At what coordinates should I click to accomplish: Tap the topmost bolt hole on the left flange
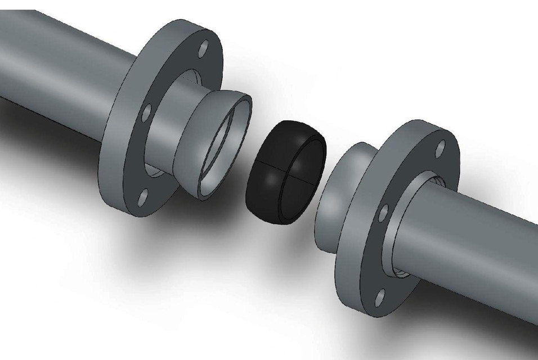(x=203, y=47)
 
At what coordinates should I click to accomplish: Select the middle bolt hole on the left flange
(x=146, y=113)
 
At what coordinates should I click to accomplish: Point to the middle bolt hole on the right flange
(x=383, y=213)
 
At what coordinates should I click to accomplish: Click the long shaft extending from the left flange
(x=56, y=62)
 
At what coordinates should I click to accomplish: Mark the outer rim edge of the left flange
(x=113, y=169)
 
